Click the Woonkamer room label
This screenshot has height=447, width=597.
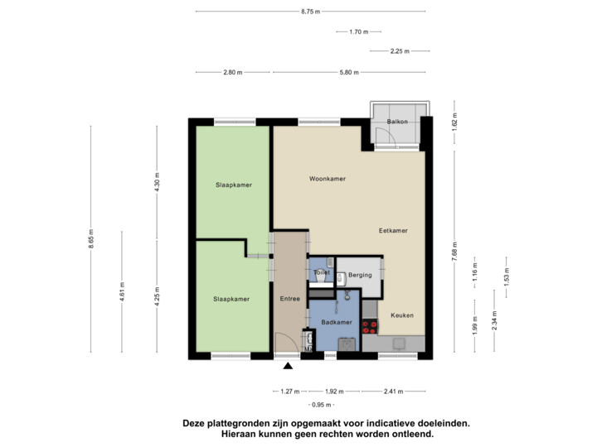(x=327, y=179)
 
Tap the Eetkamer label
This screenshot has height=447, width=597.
(x=394, y=230)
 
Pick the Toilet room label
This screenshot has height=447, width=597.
(x=322, y=272)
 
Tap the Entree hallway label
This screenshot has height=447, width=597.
(x=289, y=298)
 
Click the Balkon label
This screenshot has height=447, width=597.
(x=398, y=123)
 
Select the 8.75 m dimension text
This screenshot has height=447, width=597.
(x=311, y=12)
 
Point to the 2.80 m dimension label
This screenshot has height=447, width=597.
(x=232, y=73)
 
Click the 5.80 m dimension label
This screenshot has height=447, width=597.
(x=349, y=73)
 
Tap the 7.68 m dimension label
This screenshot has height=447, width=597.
(x=454, y=251)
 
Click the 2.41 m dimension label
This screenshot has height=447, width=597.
(x=393, y=392)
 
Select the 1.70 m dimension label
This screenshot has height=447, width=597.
(x=358, y=32)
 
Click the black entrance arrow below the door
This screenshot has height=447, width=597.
(x=289, y=366)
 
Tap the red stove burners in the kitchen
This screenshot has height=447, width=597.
(x=369, y=326)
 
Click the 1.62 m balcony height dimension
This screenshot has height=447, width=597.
(x=454, y=127)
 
